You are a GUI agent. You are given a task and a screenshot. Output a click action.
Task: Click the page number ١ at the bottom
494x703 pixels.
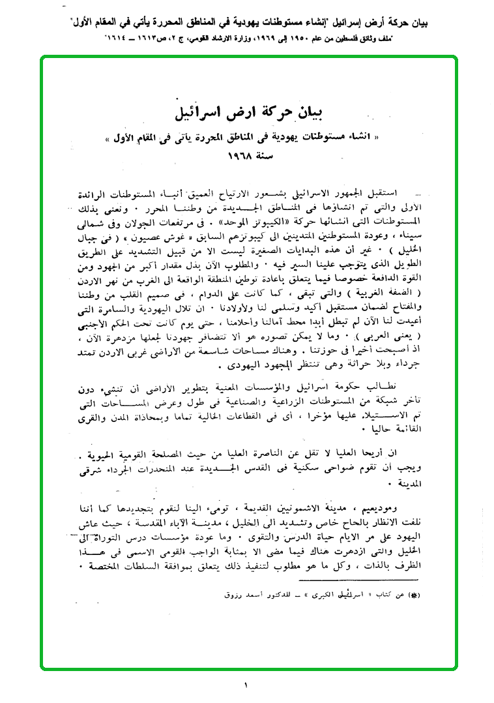[246, 685]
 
